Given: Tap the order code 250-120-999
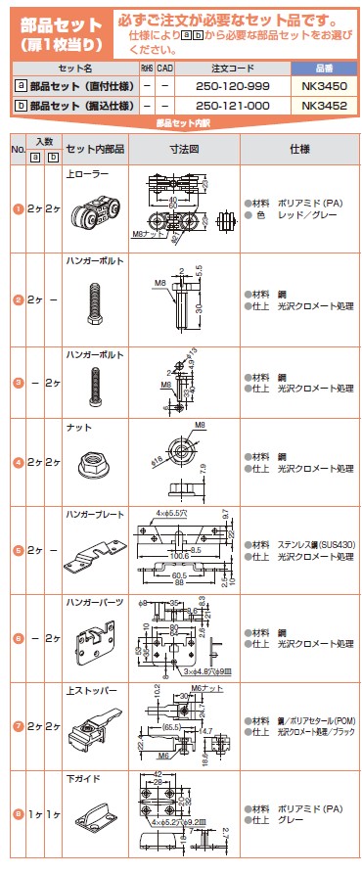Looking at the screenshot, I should click(234, 87).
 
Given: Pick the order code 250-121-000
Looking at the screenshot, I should click(234, 104).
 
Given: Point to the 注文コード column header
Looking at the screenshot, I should click(234, 70).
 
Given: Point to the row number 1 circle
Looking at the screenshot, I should click(17, 208).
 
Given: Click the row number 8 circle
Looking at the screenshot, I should click(17, 811).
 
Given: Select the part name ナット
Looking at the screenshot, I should click(77, 426).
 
